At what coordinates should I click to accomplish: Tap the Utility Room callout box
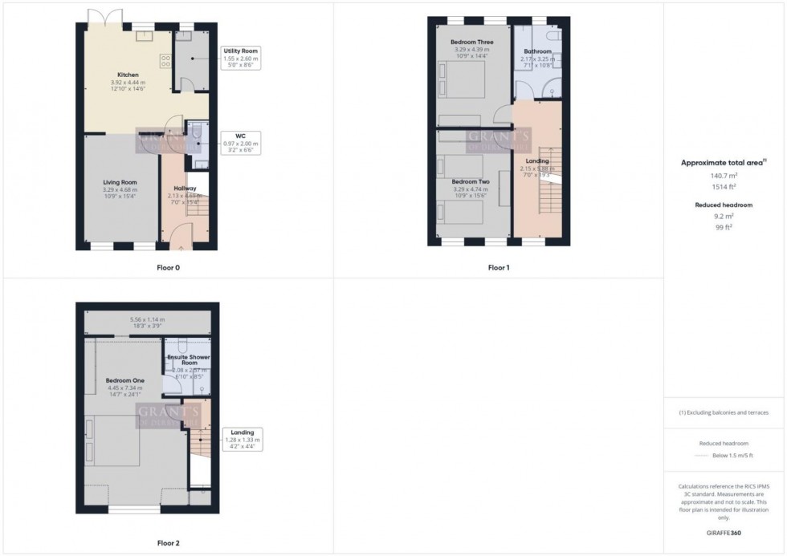tap(239, 58)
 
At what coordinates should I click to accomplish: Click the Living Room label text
tap(120, 182)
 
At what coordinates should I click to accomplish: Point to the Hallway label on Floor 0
tap(185, 188)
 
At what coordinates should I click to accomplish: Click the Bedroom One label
tap(123, 380)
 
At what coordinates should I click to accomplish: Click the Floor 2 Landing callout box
tap(242, 437)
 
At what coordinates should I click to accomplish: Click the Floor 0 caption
tap(168, 267)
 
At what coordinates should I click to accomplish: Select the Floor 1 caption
tap(499, 267)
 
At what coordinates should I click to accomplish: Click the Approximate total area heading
tap(723, 162)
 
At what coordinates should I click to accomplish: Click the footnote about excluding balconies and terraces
tap(724, 412)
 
